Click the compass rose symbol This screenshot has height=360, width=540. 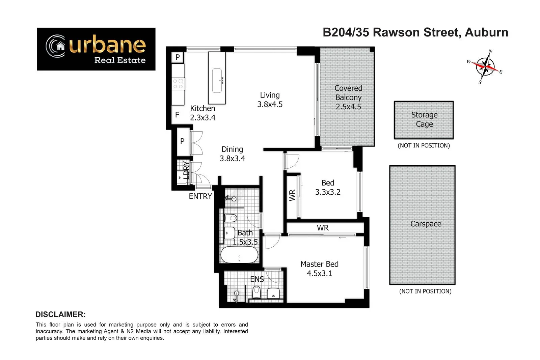(x=485, y=66)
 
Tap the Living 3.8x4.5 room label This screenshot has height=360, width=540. (x=270, y=100)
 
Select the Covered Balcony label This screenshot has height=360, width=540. (x=348, y=97)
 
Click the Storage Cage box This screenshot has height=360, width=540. (x=424, y=120)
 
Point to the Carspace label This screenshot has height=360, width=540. (x=426, y=224)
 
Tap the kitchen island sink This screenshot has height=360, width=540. (x=217, y=80)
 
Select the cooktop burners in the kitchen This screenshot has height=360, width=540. (x=178, y=84)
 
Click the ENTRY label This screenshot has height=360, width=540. (x=200, y=196)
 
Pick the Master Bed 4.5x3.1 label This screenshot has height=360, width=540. (x=319, y=269)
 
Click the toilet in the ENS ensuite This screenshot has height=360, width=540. (x=256, y=292)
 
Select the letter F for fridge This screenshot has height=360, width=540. (x=177, y=115)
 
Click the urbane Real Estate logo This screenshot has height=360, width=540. (x=96, y=49)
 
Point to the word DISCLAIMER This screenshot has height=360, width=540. (x=60, y=314)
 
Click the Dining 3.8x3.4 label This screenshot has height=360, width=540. (x=232, y=154)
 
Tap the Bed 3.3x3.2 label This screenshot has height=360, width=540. (x=328, y=187)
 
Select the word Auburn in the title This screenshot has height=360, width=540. (x=486, y=32)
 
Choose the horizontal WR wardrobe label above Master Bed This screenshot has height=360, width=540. (x=323, y=228)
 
